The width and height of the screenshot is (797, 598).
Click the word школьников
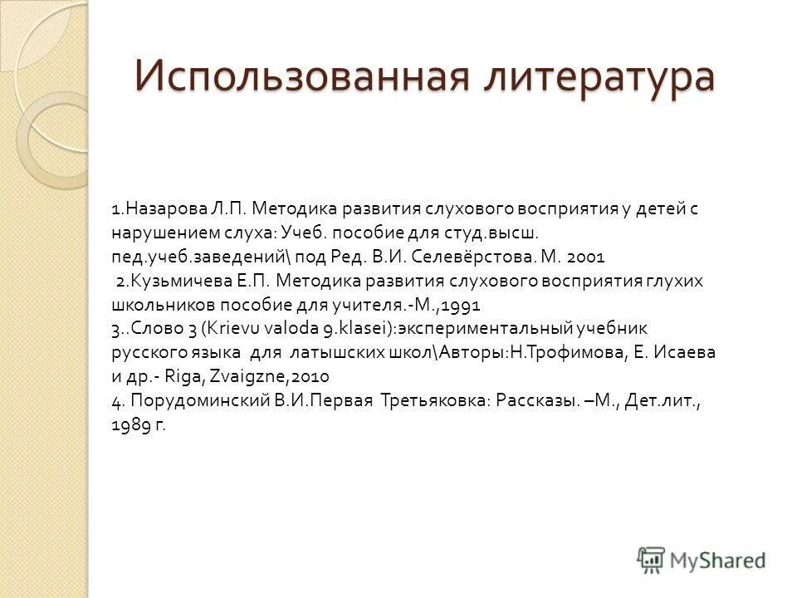(x=158, y=304)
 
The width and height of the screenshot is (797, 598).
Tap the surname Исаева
(x=687, y=352)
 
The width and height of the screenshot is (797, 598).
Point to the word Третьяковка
(x=433, y=400)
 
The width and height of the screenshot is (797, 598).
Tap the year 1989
(x=129, y=424)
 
